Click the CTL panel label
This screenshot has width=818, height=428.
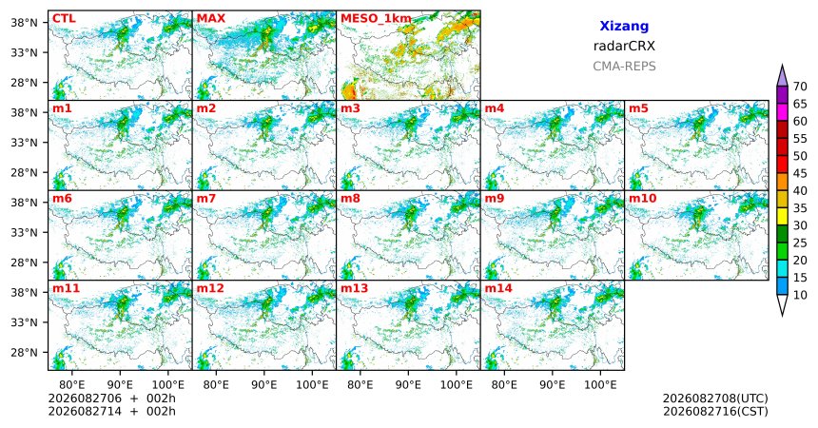click(64, 19)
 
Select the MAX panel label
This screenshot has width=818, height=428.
click(211, 19)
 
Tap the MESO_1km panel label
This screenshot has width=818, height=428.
click(376, 19)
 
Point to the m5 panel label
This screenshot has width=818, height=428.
click(638, 108)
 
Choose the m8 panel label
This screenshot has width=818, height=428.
click(350, 199)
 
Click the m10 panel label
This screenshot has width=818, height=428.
click(642, 199)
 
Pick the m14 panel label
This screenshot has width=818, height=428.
click(498, 288)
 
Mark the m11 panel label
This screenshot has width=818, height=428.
click(66, 288)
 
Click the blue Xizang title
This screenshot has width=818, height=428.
click(624, 26)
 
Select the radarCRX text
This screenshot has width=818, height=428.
click(624, 46)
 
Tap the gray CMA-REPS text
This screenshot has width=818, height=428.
click(624, 67)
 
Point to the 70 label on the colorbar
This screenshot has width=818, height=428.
click(800, 87)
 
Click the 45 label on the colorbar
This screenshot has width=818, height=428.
click(800, 173)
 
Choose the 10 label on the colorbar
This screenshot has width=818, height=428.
click(800, 295)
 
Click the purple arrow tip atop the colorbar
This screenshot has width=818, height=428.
click(782, 65)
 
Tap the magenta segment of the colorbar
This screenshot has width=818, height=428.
click(782, 112)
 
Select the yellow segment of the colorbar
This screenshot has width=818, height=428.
click(782, 217)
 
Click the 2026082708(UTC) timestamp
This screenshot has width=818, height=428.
click(715, 399)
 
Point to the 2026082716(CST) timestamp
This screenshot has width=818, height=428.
click(715, 411)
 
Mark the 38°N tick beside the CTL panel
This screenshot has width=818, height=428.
click(25, 23)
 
